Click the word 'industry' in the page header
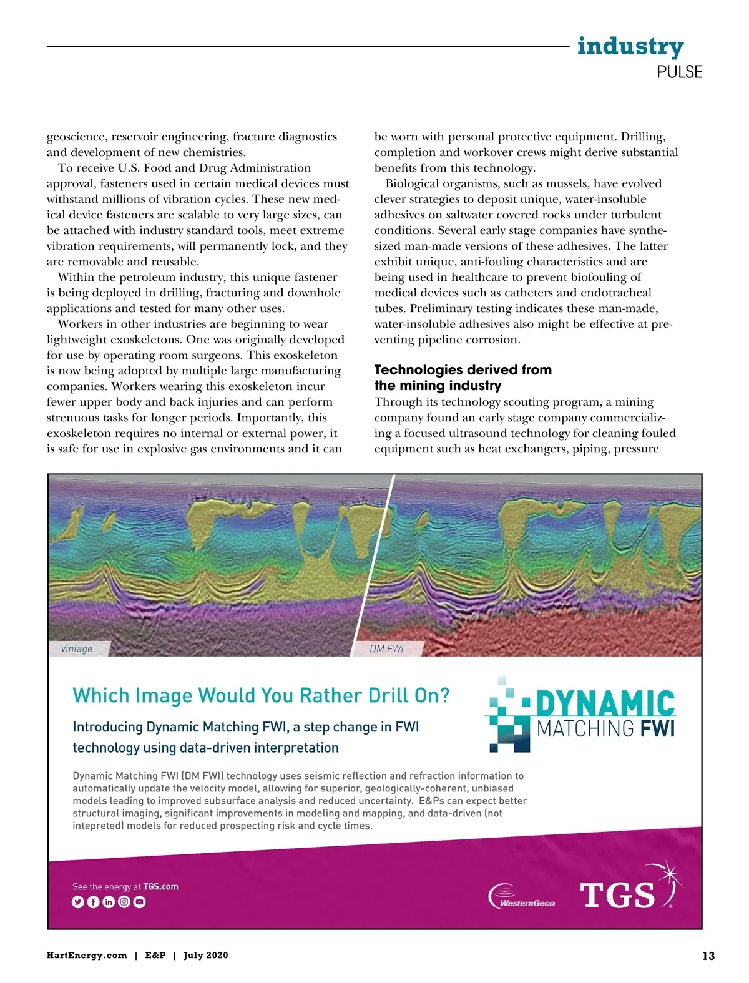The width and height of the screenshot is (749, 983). pos(630,46)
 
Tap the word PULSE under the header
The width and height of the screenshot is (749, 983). pos(679,72)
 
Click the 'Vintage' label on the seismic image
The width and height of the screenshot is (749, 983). pos(77,648)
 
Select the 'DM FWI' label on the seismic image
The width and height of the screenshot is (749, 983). pos(387,648)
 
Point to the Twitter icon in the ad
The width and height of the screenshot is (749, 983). pos(78,902)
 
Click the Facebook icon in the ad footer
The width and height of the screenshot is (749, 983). pos(93,902)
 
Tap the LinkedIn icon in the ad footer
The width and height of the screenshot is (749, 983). pos(109,902)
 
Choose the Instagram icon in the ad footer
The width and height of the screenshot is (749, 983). pos(124,902)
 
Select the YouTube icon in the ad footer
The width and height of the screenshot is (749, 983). pos(139,902)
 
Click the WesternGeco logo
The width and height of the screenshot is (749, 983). pos(522,897)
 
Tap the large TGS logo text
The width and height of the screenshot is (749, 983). pos(617,896)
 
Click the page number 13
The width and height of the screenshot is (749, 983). pos(708,956)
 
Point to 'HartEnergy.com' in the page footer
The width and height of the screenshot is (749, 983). pos(87,956)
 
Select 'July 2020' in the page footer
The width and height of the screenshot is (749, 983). pos(205,956)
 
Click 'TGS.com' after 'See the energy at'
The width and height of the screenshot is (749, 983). pos(160,886)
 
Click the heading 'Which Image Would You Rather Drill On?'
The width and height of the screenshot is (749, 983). pos(261,695)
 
